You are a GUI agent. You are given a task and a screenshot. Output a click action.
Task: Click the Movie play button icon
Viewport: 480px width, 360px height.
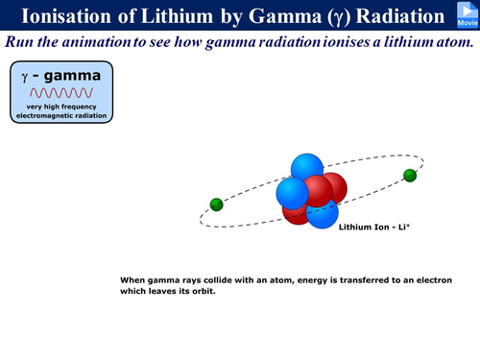(x=466, y=14)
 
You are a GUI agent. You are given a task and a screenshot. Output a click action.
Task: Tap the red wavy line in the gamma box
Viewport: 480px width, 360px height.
(x=61, y=93)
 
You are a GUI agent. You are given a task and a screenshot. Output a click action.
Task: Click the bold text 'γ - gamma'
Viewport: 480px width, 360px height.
(x=61, y=75)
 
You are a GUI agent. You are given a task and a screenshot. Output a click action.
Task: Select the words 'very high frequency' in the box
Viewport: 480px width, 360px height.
(x=61, y=106)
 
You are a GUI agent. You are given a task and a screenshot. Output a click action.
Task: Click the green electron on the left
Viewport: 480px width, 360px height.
(x=216, y=204)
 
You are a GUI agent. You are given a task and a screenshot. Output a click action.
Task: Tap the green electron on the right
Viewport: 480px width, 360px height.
(x=410, y=175)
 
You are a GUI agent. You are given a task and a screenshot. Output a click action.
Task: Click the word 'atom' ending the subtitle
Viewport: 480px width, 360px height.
(x=455, y=43)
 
